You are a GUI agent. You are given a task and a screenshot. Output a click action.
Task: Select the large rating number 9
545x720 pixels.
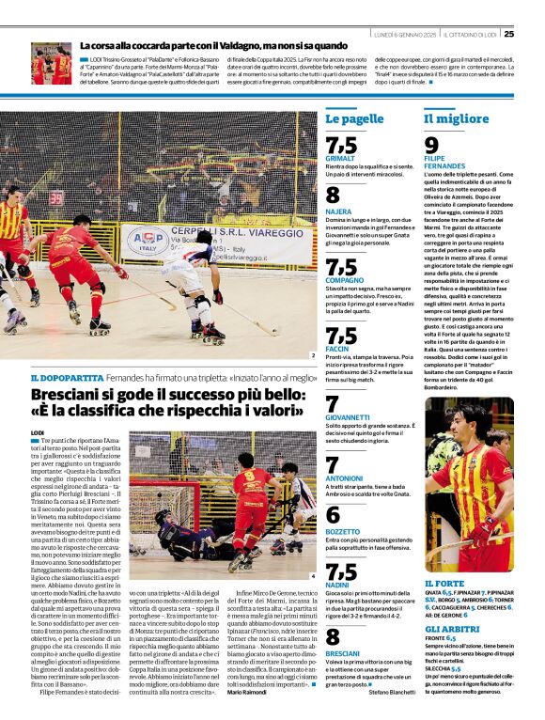click(431, 145)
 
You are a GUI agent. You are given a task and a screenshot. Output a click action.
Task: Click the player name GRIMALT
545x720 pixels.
click(339, 158)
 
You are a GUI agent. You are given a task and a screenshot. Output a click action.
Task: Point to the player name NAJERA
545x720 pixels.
click(338, 211)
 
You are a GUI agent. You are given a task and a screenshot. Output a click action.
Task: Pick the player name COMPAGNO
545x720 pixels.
click(345, 280)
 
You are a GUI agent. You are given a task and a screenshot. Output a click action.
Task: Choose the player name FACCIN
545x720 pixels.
click(337, 349)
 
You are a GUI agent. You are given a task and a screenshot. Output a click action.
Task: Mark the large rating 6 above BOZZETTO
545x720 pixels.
click(333, 514)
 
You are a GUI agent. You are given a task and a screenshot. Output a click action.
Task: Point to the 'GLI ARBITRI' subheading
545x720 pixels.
click(451, 628)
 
